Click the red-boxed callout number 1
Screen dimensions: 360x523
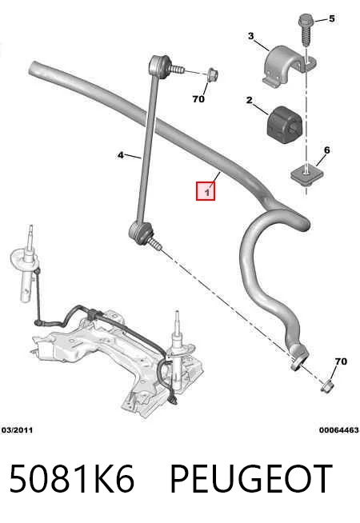(207, 192)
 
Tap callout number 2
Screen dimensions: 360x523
(250, 100)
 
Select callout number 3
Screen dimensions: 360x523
(251, 36)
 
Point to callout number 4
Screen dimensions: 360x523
(121, 155)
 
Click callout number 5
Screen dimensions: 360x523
(331, 18)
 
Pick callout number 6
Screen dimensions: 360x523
(326, 150)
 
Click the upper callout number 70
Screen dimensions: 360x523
(198, 99)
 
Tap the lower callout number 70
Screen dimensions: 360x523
(341, 361)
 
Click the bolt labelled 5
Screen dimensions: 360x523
(306, 30)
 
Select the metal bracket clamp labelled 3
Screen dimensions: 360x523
(287, 66)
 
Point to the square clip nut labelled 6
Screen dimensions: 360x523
(306, 174)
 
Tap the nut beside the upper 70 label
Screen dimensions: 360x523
(211, 74)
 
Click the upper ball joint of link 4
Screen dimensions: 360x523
(161, 66)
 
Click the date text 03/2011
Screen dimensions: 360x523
(18, 430)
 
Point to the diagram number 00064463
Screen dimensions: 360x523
(339, 430)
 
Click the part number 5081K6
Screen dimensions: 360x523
(71, 478)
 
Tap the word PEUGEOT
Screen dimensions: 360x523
(251, 478)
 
